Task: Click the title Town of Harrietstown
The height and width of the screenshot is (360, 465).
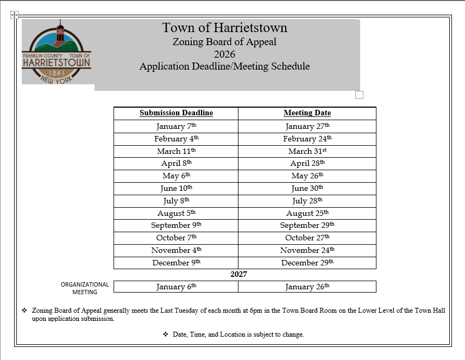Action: click(x=224, y=28)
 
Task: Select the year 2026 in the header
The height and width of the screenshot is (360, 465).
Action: click(x=224, y=54)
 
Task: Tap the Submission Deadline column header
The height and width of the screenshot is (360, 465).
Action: click(x=176, y=113)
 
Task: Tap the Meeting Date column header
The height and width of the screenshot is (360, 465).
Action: click(x=307, y=113)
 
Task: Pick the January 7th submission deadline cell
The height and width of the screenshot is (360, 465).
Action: click(x=176, y=126)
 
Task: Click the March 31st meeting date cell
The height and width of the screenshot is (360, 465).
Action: click(x=307, y=151)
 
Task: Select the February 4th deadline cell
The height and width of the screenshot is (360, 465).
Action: click(x=176, y=139)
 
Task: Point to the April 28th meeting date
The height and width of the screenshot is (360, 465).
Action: click(x=307, y=163)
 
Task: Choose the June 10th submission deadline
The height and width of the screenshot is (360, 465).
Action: click(x=176, y=188)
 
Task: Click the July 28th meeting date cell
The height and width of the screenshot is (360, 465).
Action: click(x=307, y=201)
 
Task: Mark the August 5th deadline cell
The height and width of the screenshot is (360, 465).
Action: click(x=176, y=213)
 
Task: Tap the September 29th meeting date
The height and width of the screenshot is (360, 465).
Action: click(x=307, y=225)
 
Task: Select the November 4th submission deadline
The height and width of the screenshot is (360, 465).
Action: click(x=176, y=250)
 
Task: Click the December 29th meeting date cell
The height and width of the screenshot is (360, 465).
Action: click(x=307, y=263)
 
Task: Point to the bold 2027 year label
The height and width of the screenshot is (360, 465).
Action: click(x=238, y=275)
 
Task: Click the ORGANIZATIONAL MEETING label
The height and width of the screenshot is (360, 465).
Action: click(x=85, y=288)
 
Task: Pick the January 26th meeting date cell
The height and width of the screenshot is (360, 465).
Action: click(x=307, y=287)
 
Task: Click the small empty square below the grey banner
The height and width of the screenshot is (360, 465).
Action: click(x=359, y=95)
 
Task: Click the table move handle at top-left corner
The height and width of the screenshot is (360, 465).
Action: click(x=15, y=15)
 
